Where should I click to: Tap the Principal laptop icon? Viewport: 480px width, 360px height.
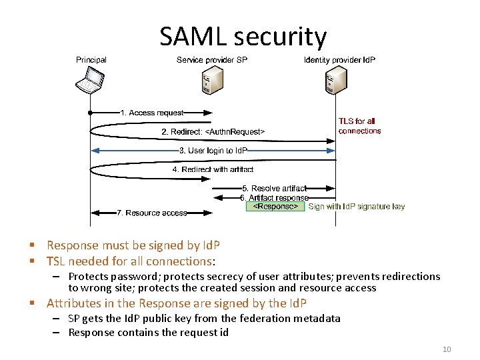pos(90,81)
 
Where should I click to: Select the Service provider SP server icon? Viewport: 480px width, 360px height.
pos(212,81)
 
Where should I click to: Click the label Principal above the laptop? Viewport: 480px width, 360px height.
pos(91,60)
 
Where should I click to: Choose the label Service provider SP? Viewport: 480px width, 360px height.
pos(212,60)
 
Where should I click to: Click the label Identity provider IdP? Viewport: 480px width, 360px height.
pos(339,60)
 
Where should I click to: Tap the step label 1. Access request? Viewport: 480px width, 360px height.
pos(151,113)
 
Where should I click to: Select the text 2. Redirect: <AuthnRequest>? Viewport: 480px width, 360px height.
pos(213,132)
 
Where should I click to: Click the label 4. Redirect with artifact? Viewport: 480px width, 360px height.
pos(213,169)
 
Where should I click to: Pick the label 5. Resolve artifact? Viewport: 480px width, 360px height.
pos(274,189)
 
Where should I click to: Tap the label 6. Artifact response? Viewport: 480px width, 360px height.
pos(275,198)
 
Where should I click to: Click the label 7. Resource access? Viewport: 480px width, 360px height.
pos(151,213)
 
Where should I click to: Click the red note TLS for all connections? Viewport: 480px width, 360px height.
pos(359,126)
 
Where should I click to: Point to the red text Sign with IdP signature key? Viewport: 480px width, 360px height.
pos(356,207)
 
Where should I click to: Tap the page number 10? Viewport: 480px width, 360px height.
pos(447,349)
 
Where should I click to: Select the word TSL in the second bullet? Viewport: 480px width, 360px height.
pos(58,261)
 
